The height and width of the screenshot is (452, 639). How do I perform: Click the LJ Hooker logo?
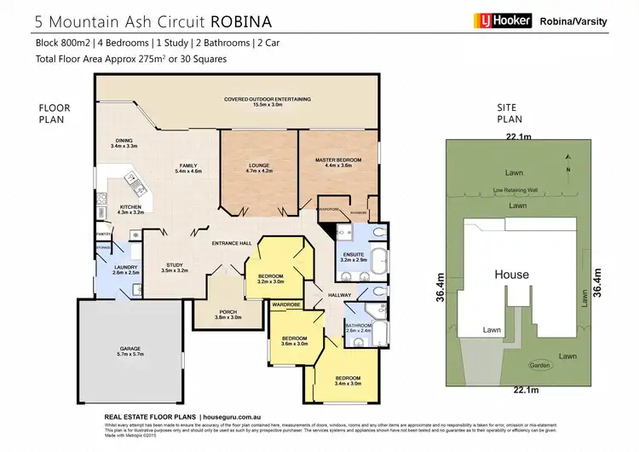pos(502,20)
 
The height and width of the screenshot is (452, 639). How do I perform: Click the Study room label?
pos(174,266)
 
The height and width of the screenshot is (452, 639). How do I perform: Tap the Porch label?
pos(228,314)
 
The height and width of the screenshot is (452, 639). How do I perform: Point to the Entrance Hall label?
pos(231,244)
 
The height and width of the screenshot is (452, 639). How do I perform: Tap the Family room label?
pos(187,168)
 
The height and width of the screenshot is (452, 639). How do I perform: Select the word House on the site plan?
pos(511,275)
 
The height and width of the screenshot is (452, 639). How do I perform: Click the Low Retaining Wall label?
pos(509,190)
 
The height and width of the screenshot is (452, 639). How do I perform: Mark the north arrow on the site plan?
pos(569,171)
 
